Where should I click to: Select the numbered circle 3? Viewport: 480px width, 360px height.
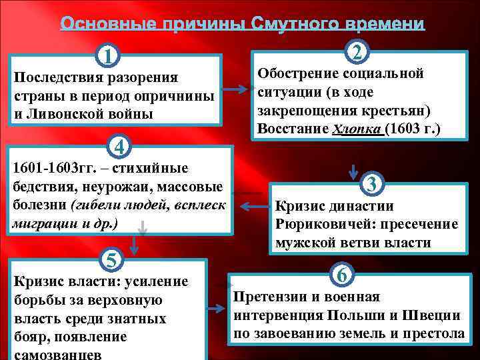point(372,183)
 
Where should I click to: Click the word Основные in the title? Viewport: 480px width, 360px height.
point(101,24)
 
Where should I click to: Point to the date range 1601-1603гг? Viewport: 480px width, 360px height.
point(50,167)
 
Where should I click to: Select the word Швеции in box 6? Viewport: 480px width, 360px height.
point(436,315)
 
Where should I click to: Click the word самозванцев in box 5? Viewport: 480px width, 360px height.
point(57,355)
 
